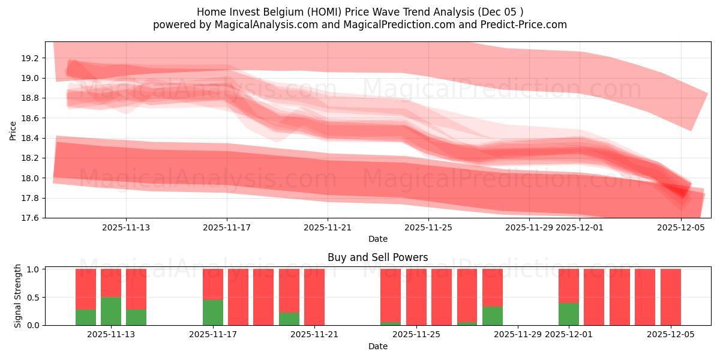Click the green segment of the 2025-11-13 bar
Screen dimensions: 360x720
point(111,311)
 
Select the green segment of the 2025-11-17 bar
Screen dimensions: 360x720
point(213,312)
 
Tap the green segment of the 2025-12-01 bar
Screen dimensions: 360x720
point(569,314)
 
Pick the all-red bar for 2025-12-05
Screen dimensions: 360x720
point(670,297)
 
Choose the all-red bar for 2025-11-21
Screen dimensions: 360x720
point(314,297)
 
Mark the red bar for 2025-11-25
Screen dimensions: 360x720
point(416,297)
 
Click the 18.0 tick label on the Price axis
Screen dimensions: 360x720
point(31,178)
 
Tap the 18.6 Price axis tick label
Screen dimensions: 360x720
point(31,118)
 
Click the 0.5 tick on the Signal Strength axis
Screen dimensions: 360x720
point(34,298)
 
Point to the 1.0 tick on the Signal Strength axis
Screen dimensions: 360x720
point(34,269)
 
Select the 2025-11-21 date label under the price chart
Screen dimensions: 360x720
point(328,227)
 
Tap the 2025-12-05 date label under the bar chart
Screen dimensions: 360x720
point(670,335)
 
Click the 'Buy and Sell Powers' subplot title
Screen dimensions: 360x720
point(377,257)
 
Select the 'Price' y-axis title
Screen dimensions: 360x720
point(13,130)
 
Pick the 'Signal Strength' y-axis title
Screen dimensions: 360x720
point(18,295)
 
